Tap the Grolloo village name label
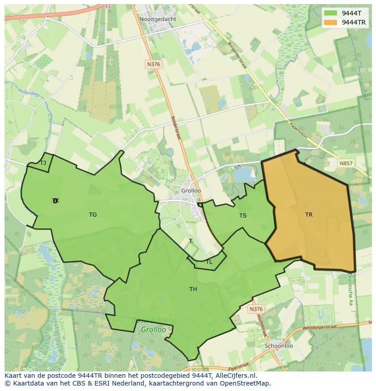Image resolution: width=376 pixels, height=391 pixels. click(191, 191)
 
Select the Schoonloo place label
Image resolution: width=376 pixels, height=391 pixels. click(279, 346)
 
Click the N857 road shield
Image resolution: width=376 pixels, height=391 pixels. click(346, 163)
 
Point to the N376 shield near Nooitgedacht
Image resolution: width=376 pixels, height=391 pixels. click(153, 64)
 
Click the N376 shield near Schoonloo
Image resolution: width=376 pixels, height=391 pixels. click(256, 309)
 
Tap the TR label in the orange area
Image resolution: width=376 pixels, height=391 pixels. click(309, 215)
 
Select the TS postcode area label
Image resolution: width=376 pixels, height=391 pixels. click(243, 216)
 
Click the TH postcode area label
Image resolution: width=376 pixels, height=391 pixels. click(193, 289)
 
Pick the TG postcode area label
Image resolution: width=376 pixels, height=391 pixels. click(93, 215)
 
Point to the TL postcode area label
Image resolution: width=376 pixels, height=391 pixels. click(209, 262)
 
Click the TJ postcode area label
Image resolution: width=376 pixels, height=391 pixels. click(43, 163)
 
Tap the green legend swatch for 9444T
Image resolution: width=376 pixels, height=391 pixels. click(331, 13)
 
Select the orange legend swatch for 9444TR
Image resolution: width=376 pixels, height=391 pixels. click(331, 22)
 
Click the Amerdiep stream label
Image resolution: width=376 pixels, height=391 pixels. click(28, 93)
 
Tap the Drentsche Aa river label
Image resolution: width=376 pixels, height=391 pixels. click(350, 289)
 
